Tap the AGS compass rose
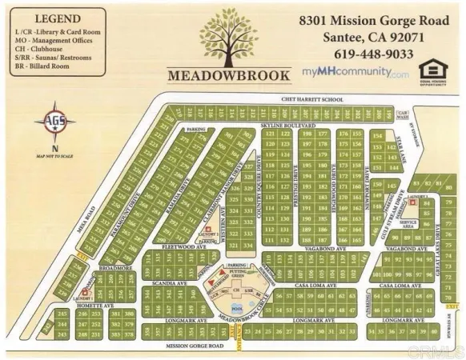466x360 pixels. tap(54, 122)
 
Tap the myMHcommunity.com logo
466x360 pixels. tap(366, 73)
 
